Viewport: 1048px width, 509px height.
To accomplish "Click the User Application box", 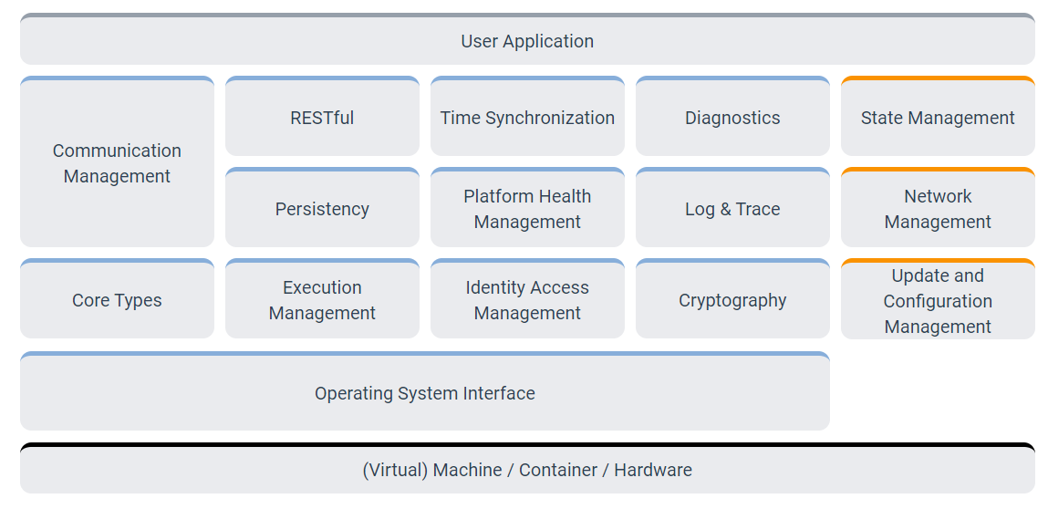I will tap(527, 41).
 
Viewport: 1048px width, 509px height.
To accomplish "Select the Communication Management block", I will tap(117, 163).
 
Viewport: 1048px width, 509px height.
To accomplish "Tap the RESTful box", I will tap(322, 118).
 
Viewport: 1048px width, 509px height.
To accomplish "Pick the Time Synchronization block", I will tap(527, 118).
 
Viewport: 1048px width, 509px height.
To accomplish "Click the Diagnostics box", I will tap(732, 118).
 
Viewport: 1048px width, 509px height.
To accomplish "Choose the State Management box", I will tap(938, 118).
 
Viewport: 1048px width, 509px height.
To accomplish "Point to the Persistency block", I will tap(322, 209).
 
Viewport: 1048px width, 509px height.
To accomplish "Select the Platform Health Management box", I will tap(527, 209).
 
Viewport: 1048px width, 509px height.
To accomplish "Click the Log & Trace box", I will tap(732, 209).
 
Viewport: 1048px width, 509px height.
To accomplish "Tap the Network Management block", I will tap(938, 209).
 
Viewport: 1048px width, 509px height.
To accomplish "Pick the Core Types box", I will tap(117, 300).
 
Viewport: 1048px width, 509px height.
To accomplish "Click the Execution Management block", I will tap(322, 300).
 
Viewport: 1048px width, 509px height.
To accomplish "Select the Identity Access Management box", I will tap(527, 300).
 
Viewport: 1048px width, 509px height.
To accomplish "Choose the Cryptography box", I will tap(732, 300).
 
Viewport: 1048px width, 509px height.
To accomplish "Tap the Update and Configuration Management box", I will tap(938, 301).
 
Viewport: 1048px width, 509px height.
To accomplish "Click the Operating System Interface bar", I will tap(425, 393).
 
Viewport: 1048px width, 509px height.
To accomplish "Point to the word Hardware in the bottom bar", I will tap(653, 471).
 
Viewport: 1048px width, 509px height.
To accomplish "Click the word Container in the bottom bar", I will tap(558, 471).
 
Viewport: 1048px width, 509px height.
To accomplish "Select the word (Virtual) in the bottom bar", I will tap(395, 471).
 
